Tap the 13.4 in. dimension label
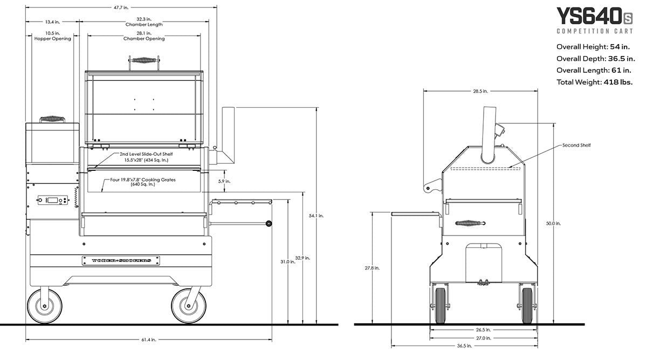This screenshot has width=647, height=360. pos(53,22)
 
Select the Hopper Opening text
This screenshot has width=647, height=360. pos(53,39)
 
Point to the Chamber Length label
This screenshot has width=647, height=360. pos(144,25)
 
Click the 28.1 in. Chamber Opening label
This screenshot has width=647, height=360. pos(144,36)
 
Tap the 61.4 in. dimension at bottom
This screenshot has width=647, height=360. pos(149,340)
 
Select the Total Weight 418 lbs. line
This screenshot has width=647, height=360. pos(594,82)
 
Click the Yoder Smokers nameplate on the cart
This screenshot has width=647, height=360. pos(121,260)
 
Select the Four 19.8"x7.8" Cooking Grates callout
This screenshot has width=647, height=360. pos(143,182)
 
